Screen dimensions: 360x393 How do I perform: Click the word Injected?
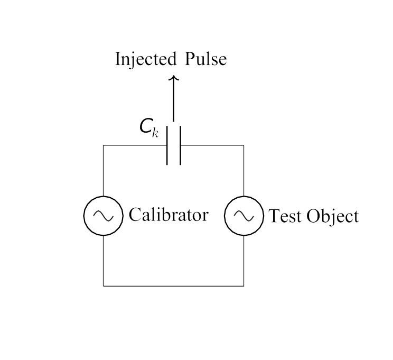pyautogui.click(x=146, y=59)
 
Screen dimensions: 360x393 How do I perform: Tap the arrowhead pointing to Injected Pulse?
pyautogui.click(x=174, y=78)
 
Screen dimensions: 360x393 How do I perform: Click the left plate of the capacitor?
pyautogui.click(x=167, y=145)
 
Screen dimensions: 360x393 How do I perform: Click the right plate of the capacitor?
pyautogui.click(x=180, y=145)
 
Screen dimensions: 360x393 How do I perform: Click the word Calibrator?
pyautogui.click(x=169, y=215)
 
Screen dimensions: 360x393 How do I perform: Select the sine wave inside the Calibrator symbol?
pyautogui.click(x=103, y=216)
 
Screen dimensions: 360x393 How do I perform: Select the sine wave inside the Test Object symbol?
pyautogui.click(x=244, y=216)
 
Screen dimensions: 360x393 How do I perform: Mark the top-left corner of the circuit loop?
pyautogui.click(x=103, y=145)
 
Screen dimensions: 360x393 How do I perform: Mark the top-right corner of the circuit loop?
pyautogui.click(x=244, y=145)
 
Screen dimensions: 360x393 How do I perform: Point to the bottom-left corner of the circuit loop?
pyautogui.click(x=103, y=285)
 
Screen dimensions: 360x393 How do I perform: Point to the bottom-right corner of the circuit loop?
pyautogui.click(x=244, y=285)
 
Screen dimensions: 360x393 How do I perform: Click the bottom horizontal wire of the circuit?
pyautogui.click(x=173, y=285)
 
